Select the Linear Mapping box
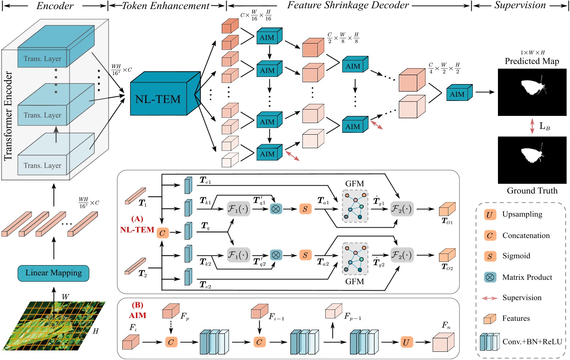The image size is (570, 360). pos(53,273)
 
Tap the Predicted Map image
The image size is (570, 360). pos(532,92)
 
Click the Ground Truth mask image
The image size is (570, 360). pos(532,160)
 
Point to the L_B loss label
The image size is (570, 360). pos(544,126)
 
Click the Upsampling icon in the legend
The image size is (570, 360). pos(489,215)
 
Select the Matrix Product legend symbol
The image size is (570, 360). pos(490,277)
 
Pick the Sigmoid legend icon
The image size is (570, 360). pos(490,256)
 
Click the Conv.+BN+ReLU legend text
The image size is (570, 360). pos(532,342)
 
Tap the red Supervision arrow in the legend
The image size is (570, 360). pos(490,298)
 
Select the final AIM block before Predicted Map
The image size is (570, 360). pos(459,93)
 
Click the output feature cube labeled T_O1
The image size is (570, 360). pos(447,210)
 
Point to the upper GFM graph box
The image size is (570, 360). pos(355,206)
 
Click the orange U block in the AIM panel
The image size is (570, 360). pos(406,342)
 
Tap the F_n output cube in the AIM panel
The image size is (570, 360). pos(443,342)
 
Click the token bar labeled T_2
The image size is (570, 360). pos(135,265)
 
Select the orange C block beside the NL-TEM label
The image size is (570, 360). pos(162,233)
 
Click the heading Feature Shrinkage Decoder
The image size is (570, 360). pos(348,5)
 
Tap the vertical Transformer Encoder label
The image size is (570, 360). pos(8,116)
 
